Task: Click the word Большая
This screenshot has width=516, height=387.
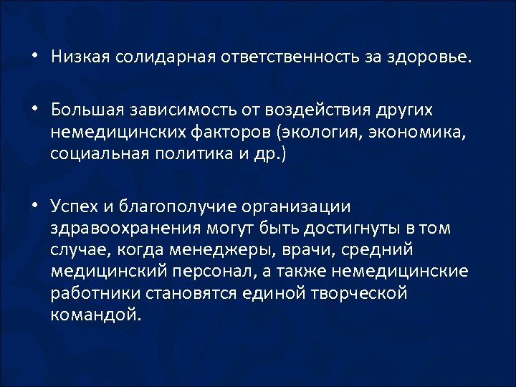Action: pyautogui.click(x=88, y=110)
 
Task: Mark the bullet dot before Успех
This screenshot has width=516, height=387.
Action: pyautogui.click(x=36, y=206)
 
